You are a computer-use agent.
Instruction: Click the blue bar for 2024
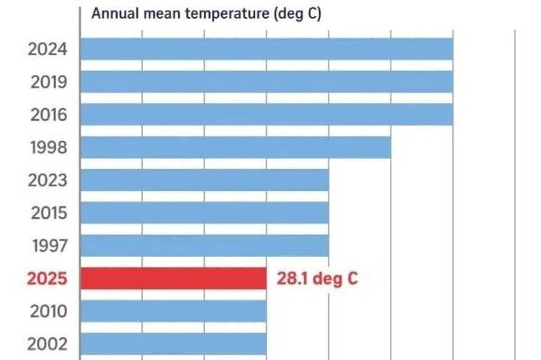[x=267, y=49]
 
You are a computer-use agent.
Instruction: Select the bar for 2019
[x=267, y=82]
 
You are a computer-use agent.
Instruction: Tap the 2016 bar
[x=267, y=114]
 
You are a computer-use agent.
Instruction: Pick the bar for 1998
[x=236, y=147]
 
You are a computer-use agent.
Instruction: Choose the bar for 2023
[x=205, y=180]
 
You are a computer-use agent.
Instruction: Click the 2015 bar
[x=205, y=213]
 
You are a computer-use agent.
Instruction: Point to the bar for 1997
[x=205, y=246]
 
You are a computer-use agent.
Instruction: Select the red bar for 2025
[x=174, y=278]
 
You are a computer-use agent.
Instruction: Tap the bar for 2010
[x=174, y=311]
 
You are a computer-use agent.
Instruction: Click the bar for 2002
[x=174, y=344]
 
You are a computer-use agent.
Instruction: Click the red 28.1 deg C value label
[x=317, y=279]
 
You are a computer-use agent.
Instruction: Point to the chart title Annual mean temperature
[x=206, y=14]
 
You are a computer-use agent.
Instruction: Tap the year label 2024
[x=47, y=50]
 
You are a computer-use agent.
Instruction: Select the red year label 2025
[x=47, y=279]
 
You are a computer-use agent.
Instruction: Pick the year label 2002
[x=47, y=344]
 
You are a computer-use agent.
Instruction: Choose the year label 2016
[x=48, y=115]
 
